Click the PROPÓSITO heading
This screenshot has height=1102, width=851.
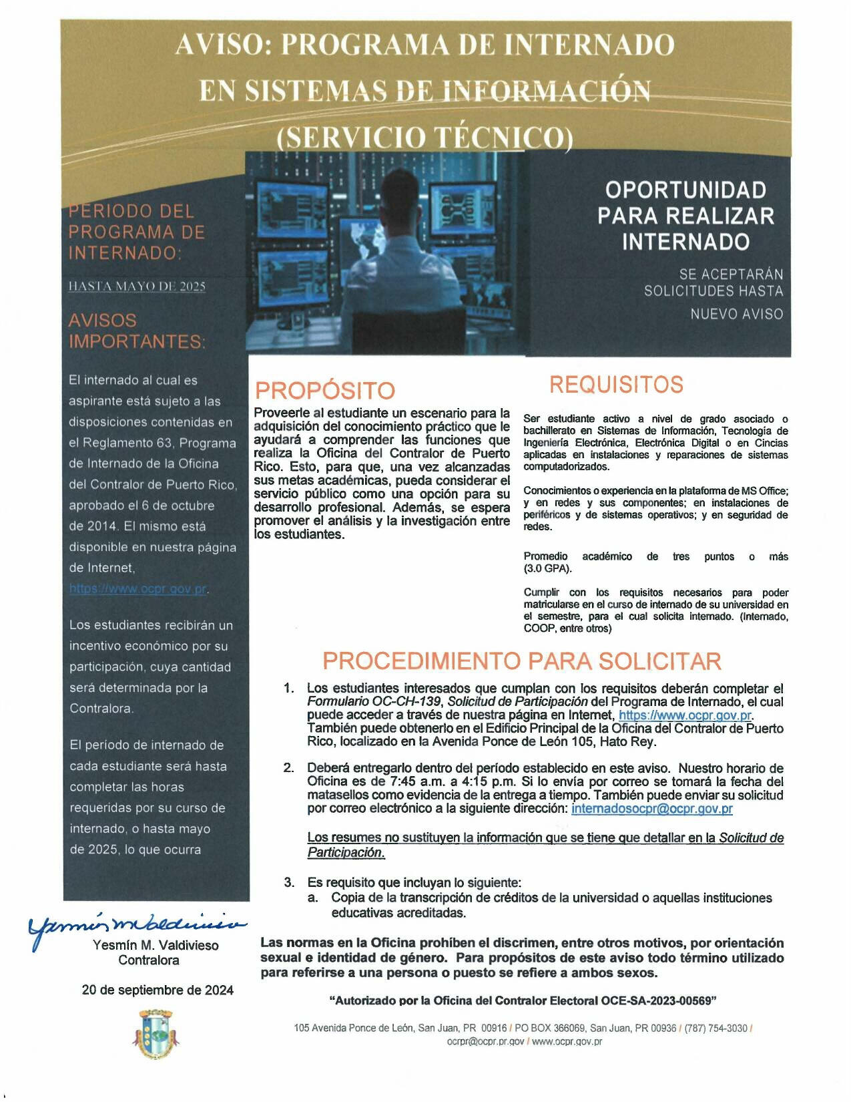pyautogui.click(x=325, y=390)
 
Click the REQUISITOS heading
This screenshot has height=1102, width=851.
pyautogui.click(x=616, y=385)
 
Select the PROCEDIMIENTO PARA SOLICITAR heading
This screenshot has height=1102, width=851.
pyautogui.click(x=521, y=661)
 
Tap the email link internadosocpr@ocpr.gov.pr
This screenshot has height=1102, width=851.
pyautogui.click(x=652, y=809)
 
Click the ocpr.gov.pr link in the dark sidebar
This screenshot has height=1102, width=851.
pyautogui.click(x=138, y=589)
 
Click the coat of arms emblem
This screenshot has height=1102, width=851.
pyautogui.click(x=158, y=1034)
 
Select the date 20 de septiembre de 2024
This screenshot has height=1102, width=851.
pyautogui.click(x=158, y=990)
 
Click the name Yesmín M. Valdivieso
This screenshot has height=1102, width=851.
pyautogui.click(x=156, y=945)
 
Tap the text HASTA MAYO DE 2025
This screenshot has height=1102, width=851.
pyautogui.click(x=137, y=287)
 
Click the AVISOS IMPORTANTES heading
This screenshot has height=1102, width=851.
pyautogui.click(x=137, y=331)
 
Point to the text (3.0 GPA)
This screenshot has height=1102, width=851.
pyautogui.click(x=547, y=568)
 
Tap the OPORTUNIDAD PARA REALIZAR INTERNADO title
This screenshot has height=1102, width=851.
pyautogui.click(x=685, y=216)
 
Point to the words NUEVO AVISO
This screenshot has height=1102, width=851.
pyautogui.click(x=736, y=314)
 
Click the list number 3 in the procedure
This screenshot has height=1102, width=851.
pyautogui.click(x=289, y=882)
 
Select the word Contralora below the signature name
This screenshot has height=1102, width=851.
pyautogui.click(x=149, y=960)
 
